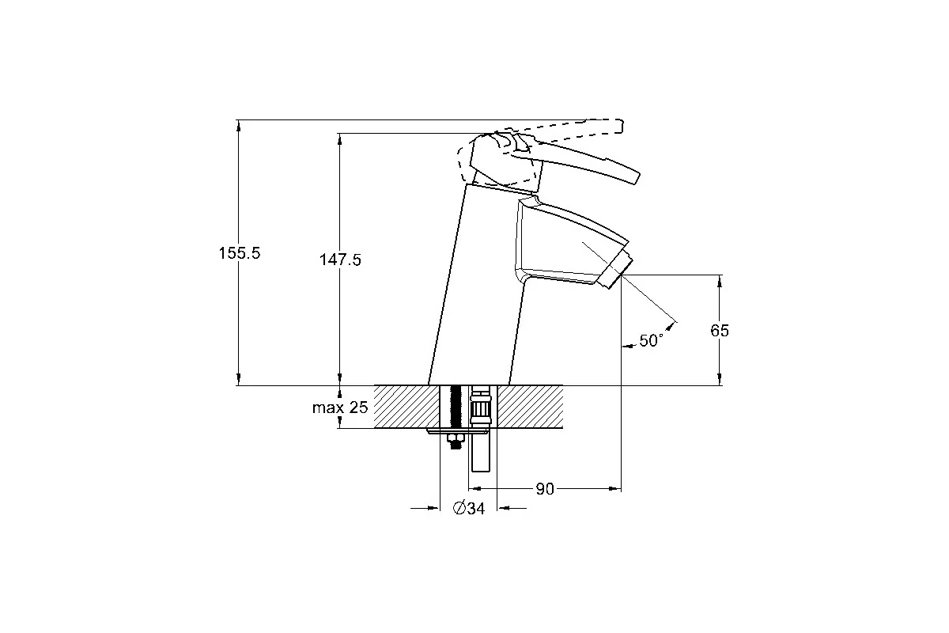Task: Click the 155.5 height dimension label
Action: pyautogui.click(x=240, y=253)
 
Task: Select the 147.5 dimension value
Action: pyautogui.click(x=340, y=260)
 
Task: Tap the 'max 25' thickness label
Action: pyautogui.click(x=340, y=407)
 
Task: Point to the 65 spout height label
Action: pyautogui.click(x=720, y=330)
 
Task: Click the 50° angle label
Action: pyautogui.click(x=651, y=340)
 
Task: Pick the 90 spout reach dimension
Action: pyautogui.click(x=545, y=489)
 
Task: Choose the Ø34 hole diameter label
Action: pyautogui.click(x=468, y=508)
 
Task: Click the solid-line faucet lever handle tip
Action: pyautogui.click(x=637, y=177)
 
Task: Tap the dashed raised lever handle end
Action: pyautogui.click(x=620, y=127)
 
